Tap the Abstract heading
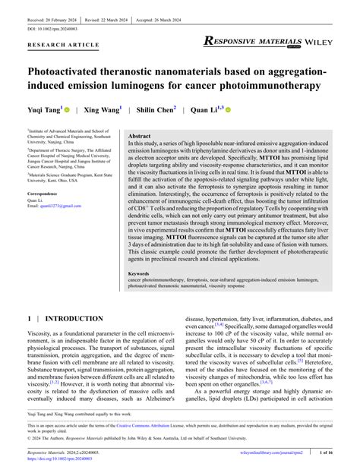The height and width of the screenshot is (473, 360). click(139, 133)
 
